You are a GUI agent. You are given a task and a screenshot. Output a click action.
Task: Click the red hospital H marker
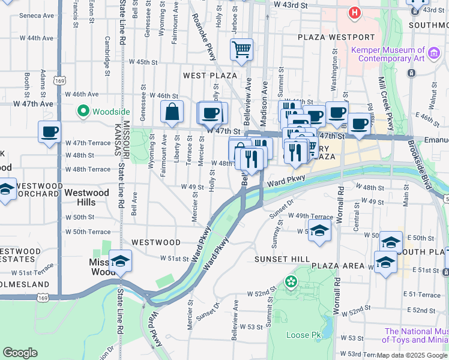355,12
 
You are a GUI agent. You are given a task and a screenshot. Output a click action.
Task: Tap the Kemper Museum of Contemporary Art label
388,55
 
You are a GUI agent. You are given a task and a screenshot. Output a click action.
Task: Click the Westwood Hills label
86,197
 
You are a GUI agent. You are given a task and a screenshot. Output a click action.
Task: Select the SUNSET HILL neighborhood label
281,259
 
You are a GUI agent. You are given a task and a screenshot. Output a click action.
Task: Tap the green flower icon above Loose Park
291,281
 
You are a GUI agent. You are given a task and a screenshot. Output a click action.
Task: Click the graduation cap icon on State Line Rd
121,260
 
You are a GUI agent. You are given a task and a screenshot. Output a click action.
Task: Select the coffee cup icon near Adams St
49,131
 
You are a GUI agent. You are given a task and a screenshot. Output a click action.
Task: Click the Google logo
20,353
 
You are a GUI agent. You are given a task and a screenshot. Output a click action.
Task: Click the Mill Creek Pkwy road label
385,98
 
